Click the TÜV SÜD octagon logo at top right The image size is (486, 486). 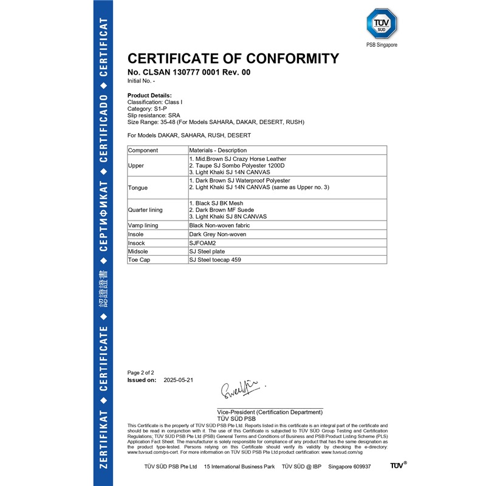pyautogui.click(x=381, y=24)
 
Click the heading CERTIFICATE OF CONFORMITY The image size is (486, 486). pyautogui.click(x=233, y=59)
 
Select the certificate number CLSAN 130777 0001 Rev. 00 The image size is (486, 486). pyautogui.click(x=188, y=72)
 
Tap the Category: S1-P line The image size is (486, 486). pyautogui.click(x=148, y=109)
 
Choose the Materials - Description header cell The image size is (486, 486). pyautogui.click(x=218, y=150)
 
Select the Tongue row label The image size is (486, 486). pyautogui.click(x=138, y=188)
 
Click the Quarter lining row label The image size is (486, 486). pyautogui.click(x=145, y=210)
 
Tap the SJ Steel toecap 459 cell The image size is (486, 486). pyautogui.click(x=219, y=260)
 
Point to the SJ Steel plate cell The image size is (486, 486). pyautogui.click(x=207, y=252)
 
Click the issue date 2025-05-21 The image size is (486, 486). pyautogui.click(x=178, y=380)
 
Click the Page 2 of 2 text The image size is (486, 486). pyautogui.click(x=141, y=372)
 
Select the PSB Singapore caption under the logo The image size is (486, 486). pyautogui.click(x=381, y=45)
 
